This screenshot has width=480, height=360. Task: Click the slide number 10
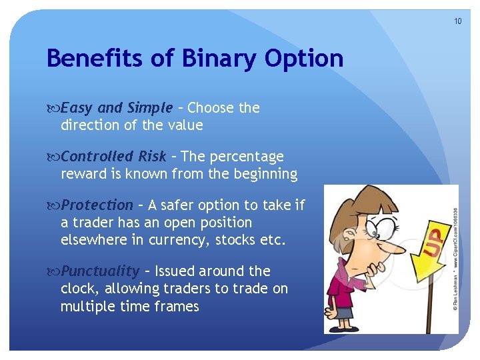click(x=457, y=21)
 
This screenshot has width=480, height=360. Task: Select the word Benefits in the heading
click(x=95, y=57)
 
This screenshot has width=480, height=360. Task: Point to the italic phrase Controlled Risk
click(x=113, y=157)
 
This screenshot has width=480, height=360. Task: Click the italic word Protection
click(x=97, y=205)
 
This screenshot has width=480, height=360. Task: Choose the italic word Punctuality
click(x=101, y=271)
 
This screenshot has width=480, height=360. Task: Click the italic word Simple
click(x=150, y=109)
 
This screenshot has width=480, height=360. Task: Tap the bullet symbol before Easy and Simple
click(x=53, y=109)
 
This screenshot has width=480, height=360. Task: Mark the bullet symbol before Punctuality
click(x=53, y=271)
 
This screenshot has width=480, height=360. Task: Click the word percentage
click(x=247, y=157)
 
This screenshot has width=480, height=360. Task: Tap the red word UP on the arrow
click(x=433, y=243)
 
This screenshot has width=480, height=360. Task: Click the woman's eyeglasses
click(x=381, y=227)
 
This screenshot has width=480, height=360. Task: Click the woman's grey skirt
click(x=344, y=311)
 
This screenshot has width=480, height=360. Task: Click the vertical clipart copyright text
click(x=455, y=259)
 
